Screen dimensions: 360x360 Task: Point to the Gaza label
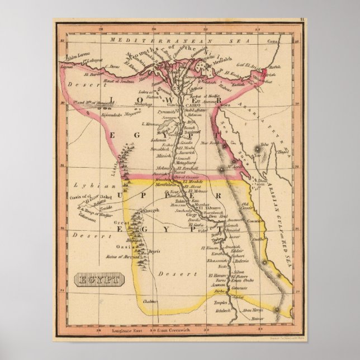[x=272, y=42]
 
